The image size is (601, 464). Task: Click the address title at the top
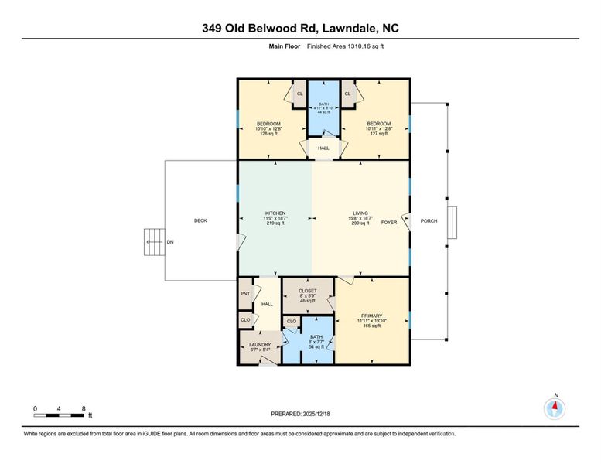(300, 29)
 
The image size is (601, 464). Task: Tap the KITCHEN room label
(275, 213)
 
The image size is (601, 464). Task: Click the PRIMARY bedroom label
(373, 316)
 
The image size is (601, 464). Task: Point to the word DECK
(200, 221)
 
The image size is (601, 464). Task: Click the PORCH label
(429, 221)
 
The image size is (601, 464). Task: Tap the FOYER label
(388, 223)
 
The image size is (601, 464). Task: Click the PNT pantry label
(244, 294)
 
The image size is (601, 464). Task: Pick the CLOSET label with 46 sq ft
(307, 291)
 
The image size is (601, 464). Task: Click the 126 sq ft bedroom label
(268, 124)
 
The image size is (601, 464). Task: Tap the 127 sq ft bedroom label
(378, 124)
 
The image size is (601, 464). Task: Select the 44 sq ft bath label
(323, 108)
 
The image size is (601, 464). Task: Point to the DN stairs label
(169, 242)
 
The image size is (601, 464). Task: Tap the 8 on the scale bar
(84, 408)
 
